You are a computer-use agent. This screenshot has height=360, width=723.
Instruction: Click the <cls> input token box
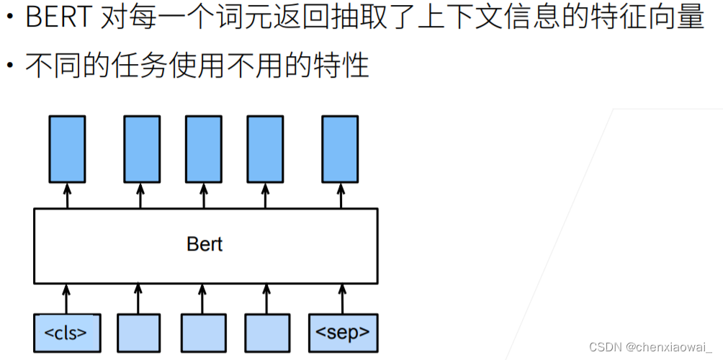pos(66,333)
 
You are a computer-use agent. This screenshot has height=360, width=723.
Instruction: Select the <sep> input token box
pos(343,333)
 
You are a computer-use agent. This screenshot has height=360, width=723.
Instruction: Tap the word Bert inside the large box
pos(205,245)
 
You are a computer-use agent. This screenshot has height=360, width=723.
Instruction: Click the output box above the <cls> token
pos(67,148)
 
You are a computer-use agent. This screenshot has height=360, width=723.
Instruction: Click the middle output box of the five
pos(203,148)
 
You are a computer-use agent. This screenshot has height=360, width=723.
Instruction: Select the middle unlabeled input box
pos(203,333)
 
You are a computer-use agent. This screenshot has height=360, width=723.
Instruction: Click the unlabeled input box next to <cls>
pos(138,333)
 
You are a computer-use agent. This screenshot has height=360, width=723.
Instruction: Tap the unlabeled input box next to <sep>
pos(267,333)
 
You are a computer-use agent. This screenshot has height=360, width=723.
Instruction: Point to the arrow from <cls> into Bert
pos(67,298)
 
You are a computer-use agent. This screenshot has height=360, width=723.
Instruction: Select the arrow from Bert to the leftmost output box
pos(67,195)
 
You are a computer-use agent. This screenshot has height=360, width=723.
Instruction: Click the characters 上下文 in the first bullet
pos(459,17)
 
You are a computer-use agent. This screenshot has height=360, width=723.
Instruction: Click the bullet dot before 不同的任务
pos(11,66)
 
